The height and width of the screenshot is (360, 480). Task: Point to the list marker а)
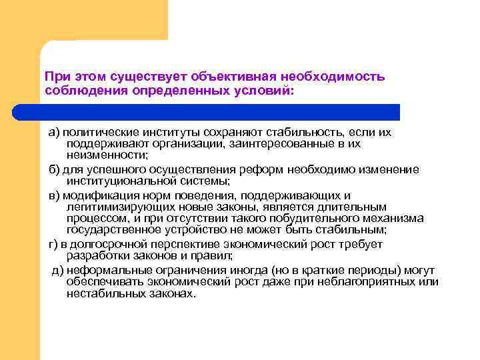click(x=53, y=132)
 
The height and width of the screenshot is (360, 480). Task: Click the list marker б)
click(x=53, y=169)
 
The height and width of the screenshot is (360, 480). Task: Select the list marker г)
click(x=53, y=244)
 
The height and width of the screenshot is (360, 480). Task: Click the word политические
click(x=98, y=132)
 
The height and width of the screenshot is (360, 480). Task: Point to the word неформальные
click(x=109, y=269)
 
